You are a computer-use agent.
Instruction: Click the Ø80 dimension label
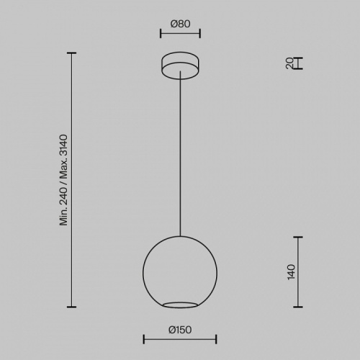(180, 24)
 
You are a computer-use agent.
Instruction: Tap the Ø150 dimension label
(180, 330)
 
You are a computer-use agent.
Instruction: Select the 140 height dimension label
(291, 272)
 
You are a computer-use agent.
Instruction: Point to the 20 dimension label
(289, 63)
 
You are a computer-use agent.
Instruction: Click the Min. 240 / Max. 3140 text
(64, 180)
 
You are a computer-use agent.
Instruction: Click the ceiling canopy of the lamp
(180, 66)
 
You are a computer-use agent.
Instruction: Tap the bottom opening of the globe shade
(180, 305)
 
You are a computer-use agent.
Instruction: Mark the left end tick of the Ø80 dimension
(161, 33)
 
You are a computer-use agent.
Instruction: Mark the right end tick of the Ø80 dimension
(200, 33)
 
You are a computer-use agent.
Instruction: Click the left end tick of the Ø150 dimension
(144, 339)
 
